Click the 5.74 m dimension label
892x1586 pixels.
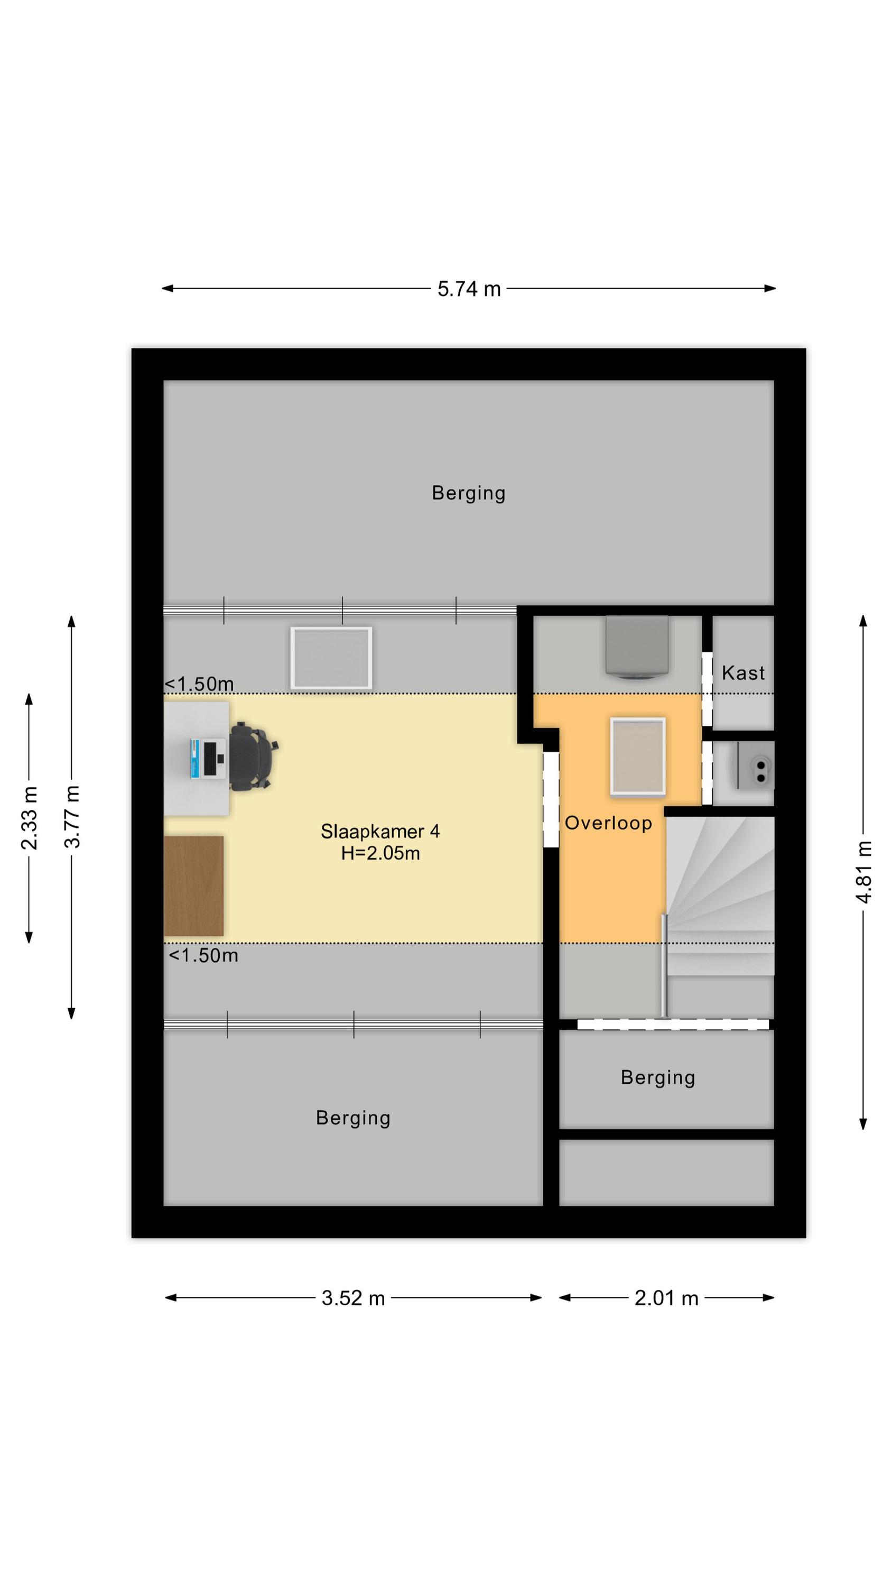469,289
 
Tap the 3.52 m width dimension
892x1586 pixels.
353,1298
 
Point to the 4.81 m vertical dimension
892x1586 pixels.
863,872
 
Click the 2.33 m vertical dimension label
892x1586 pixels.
29,818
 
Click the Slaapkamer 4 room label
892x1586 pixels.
380,832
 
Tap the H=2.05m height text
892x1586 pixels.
380,853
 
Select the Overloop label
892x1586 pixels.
608,823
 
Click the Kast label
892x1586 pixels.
743,673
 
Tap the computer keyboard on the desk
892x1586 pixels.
210,759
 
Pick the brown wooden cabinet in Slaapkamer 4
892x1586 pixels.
194,886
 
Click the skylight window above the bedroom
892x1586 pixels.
331,658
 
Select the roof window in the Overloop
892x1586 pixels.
638,757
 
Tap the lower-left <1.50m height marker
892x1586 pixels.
203,955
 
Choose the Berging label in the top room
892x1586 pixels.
469,493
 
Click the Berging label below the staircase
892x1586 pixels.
657,1077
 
